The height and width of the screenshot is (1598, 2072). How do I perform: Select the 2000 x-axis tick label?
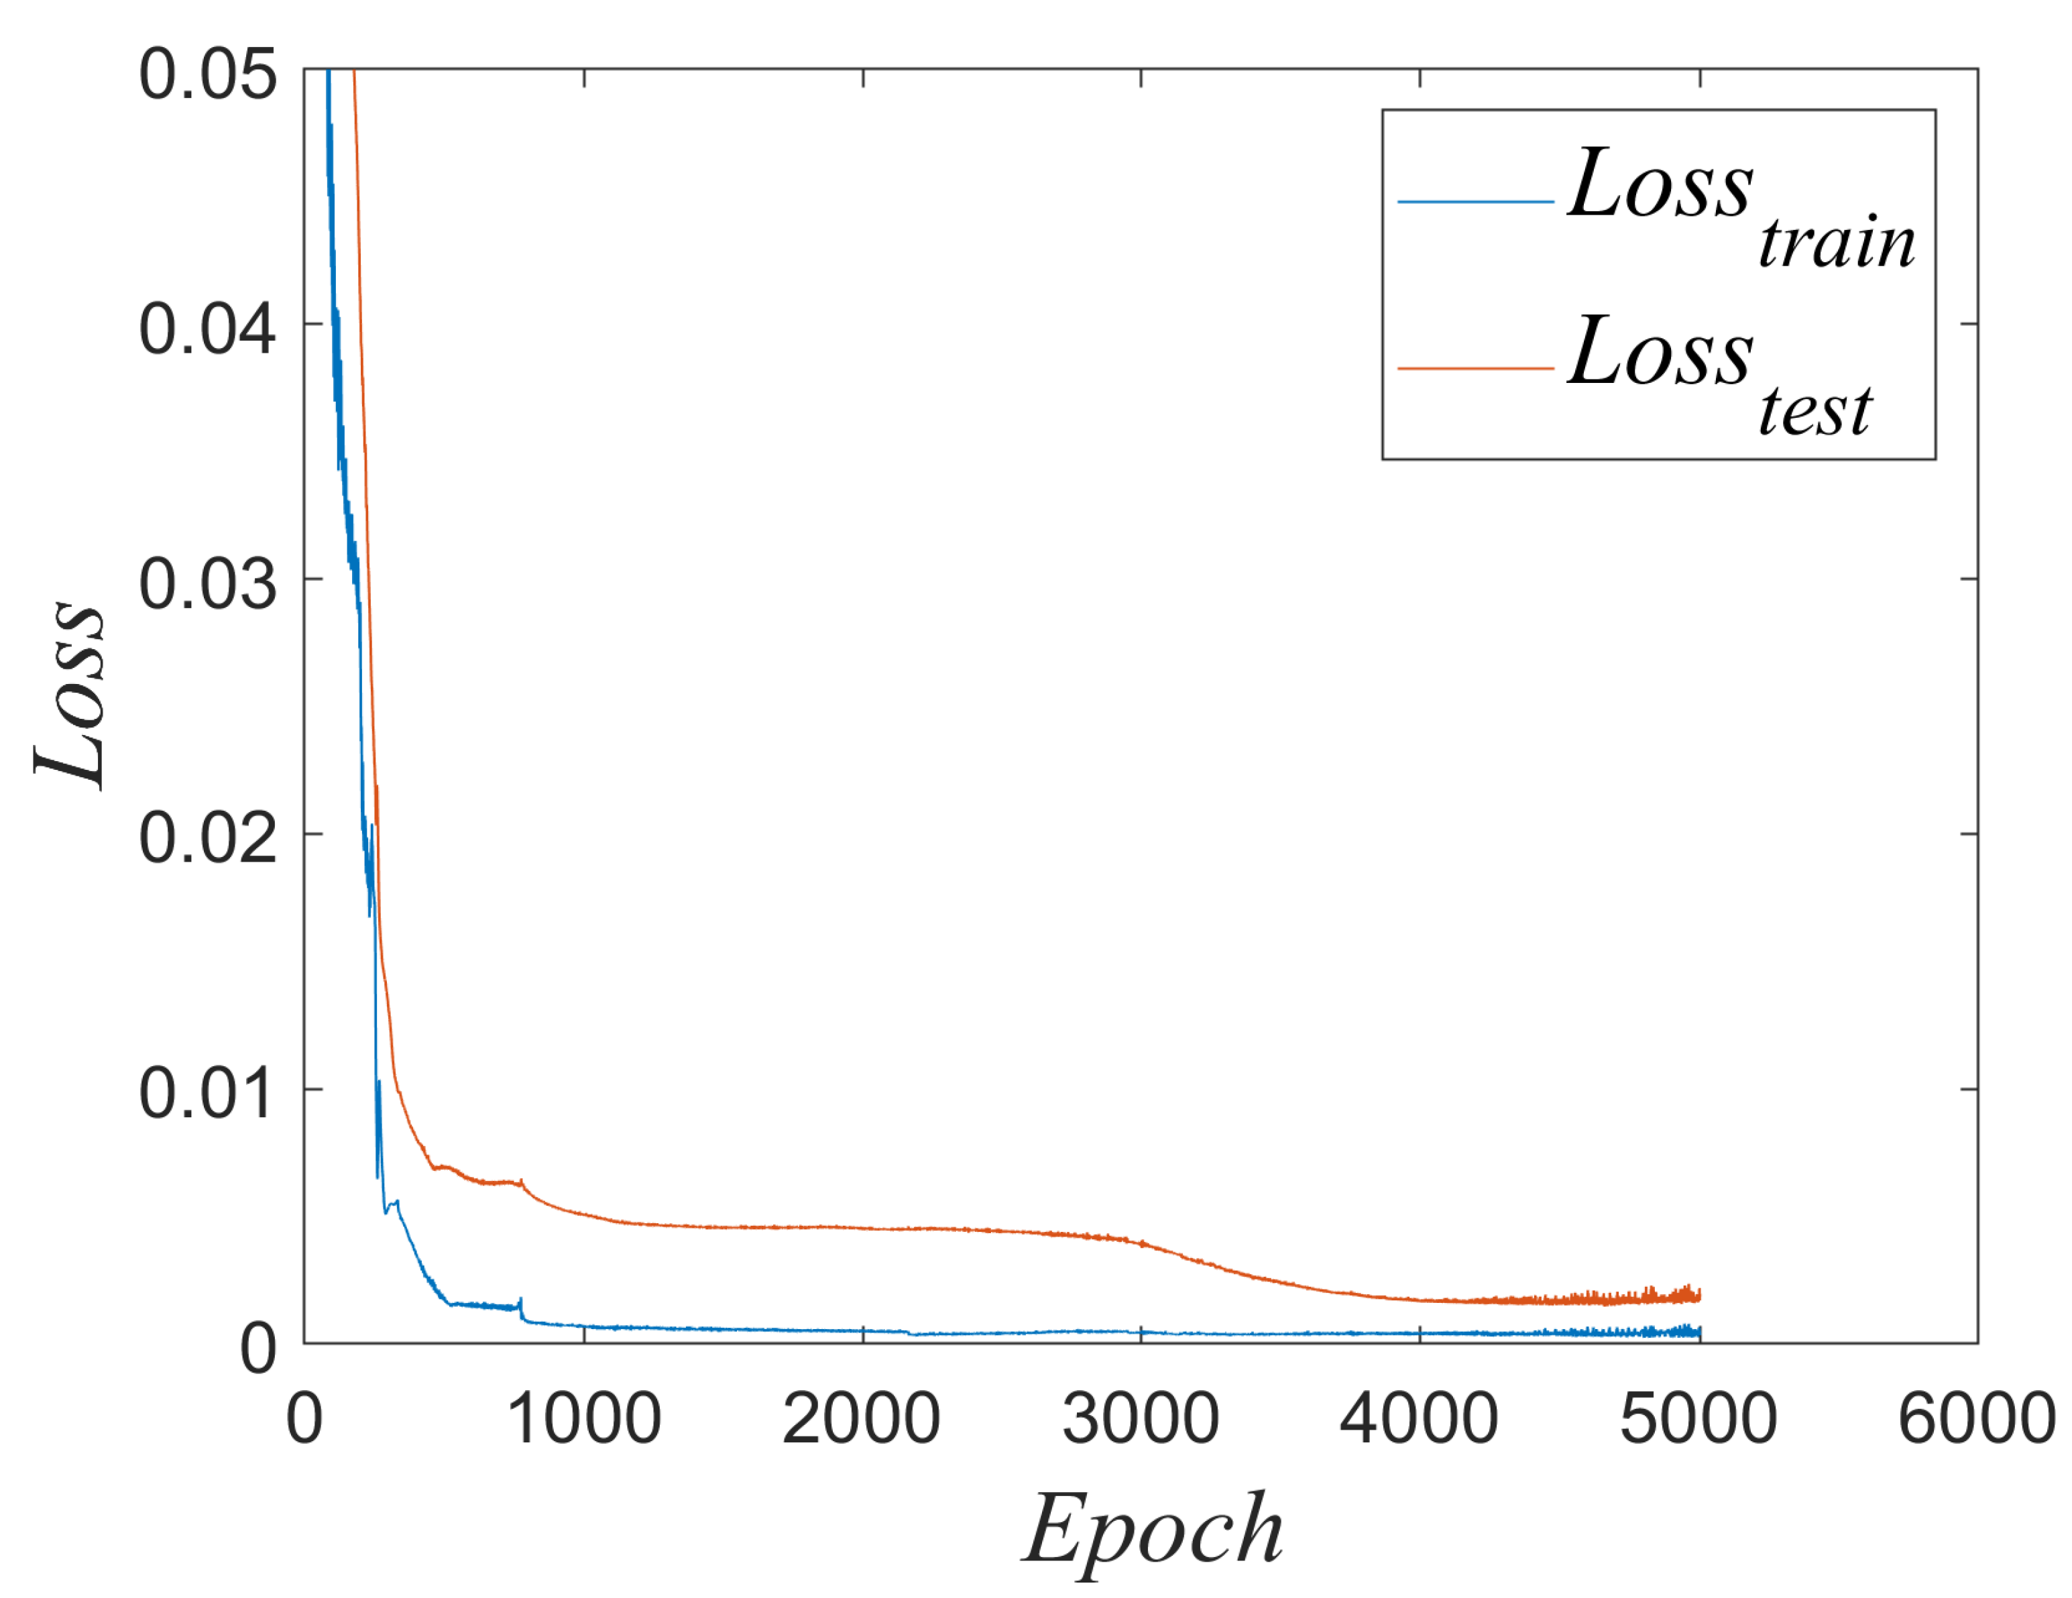coord(862,1420)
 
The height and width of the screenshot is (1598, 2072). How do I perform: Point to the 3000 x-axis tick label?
coord(1141,1420)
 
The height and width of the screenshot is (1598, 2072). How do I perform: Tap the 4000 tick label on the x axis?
coord(1420,1420)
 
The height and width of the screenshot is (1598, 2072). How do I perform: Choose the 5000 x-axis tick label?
coord(1699,1420)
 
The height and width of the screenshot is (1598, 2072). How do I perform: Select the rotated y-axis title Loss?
coord(68,695)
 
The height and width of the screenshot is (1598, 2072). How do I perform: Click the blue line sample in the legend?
coord(1475,202)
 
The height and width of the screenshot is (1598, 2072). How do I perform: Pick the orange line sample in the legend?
coord(1475,368)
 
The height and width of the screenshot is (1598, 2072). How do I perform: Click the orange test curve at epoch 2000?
coord(862,1228)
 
